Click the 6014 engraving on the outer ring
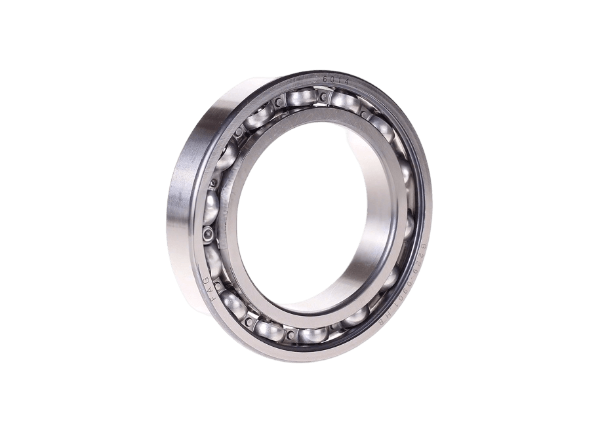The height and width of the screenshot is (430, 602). point(336,79)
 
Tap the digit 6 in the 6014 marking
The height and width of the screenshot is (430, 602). point(326,77)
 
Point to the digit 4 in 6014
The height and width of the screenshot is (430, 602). point(347,81)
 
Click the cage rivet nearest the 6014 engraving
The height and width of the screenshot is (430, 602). point(323,98)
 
